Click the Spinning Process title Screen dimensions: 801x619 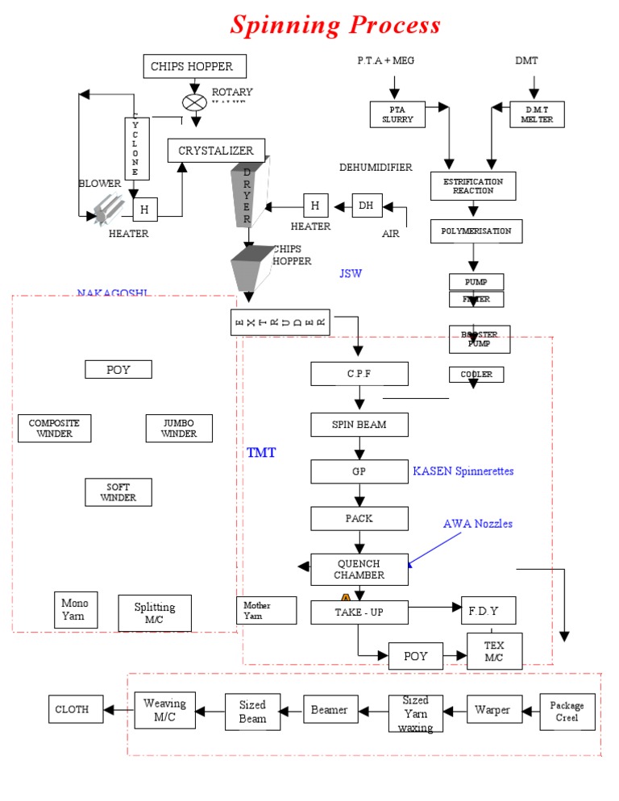pyautogui.click(x=335, y=25)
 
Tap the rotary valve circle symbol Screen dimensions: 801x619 pyautogui.click(x=193, y=102)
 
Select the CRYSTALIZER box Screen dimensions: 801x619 pyautogui.click(x=216, y=151)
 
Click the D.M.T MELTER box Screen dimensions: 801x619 pyautogui.click(x=537, y=114)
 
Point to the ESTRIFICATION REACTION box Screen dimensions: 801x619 pyautogui.click(x=473, y=186)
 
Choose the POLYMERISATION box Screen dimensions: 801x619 pyautogui.click(x=476, y=231)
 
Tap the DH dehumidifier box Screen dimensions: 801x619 pyautogui.click(x=367, y=205)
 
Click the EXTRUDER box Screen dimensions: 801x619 pyautogui.click(x=280, y=322)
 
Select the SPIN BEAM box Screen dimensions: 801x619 pyautogui.click(x=359, y=425)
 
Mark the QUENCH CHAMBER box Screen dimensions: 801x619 pyautogui.click(x=359, y=570)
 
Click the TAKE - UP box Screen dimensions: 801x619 pyautogui.click(x=359, y=612)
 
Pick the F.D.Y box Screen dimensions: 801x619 pyautogui.click(x=488, y=611)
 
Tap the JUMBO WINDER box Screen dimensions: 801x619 pyautogui.click(x=179, y=428)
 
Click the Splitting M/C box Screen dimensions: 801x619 pyautogui.click(x=155, y=613)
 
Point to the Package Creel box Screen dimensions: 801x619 pyautogui.click(x=567, y=712)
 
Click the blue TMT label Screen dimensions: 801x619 pyautogui.click(x=261, y=453)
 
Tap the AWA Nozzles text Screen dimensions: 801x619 pyautogui.click(x=478, y=524)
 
